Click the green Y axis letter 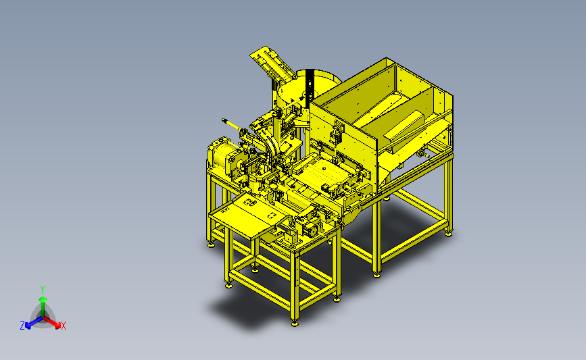[x=43, y=290]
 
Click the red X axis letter [x=63, y=326]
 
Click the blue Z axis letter [x=22, y=326]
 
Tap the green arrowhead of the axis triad [x=43, y=299]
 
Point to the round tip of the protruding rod [x=224, y=120]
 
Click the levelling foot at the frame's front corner [x=295, y=323]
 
